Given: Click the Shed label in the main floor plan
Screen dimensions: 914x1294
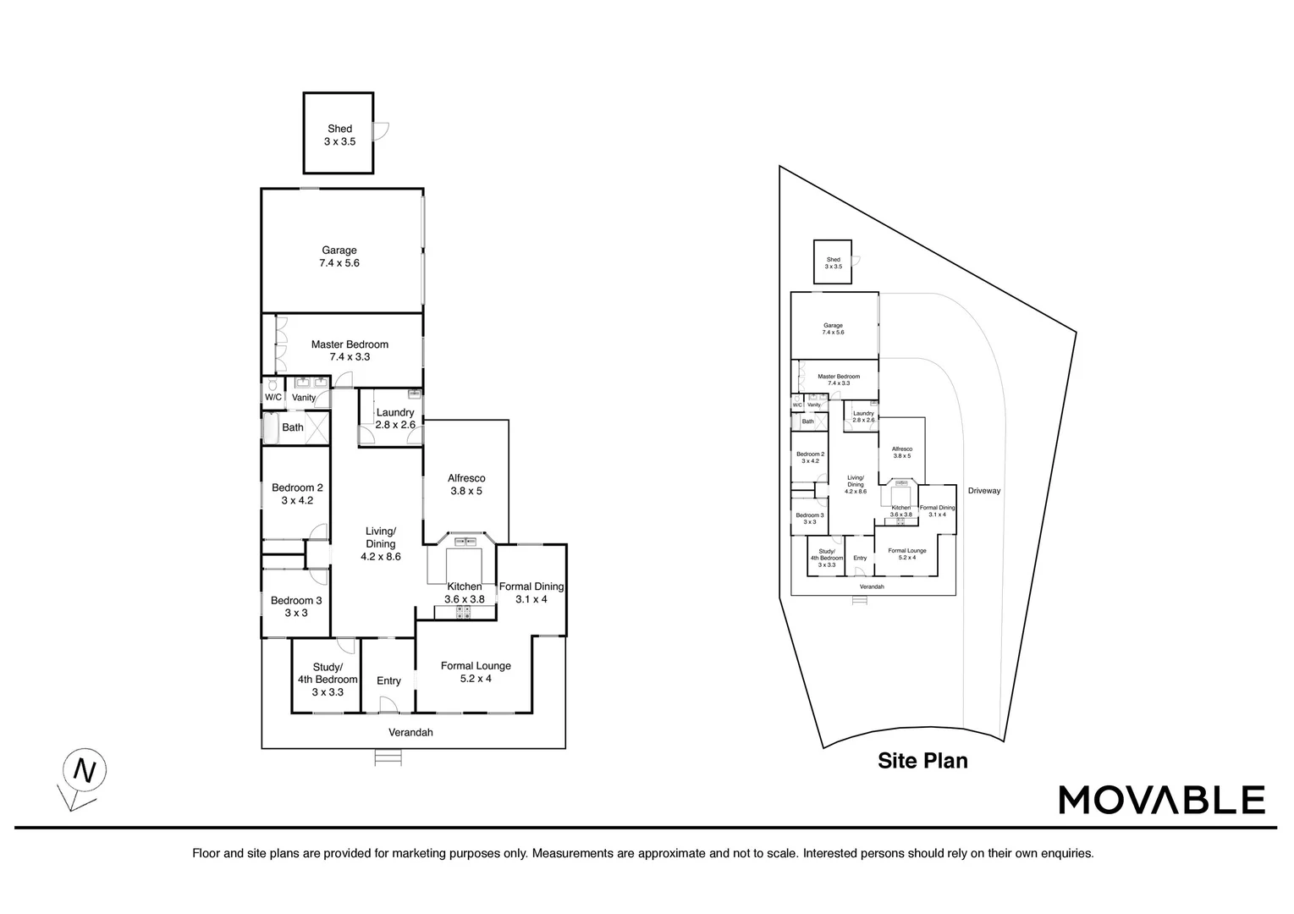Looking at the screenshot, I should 339,135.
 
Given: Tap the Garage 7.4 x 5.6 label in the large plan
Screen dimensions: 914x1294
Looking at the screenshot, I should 339,256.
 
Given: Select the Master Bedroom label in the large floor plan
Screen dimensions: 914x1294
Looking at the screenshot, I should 350,350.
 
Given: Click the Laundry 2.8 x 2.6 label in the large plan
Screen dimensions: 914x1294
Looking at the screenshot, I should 395,419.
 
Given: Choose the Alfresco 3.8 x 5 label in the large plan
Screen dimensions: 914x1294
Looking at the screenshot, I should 466,485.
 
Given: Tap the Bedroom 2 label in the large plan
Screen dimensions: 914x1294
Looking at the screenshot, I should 297,493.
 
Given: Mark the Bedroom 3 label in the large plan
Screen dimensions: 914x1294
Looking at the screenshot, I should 296,607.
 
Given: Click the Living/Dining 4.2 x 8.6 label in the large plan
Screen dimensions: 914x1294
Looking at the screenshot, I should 381,544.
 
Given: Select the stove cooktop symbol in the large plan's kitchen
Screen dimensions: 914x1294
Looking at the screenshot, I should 465,611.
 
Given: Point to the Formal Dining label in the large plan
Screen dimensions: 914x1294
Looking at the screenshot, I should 531,592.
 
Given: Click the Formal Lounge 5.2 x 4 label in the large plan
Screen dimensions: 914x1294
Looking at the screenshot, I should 476,672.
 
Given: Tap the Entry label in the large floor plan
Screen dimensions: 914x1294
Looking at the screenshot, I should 388,681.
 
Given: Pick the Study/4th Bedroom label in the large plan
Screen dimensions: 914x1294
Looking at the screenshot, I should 328,680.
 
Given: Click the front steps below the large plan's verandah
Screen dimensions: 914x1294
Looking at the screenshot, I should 388,758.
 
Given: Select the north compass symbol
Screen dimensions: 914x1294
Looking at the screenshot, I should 84,771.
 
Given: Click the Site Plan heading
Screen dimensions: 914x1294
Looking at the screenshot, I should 922,761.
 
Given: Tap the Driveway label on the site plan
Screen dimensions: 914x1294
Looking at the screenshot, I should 984,491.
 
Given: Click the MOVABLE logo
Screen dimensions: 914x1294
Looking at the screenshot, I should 1162,800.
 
